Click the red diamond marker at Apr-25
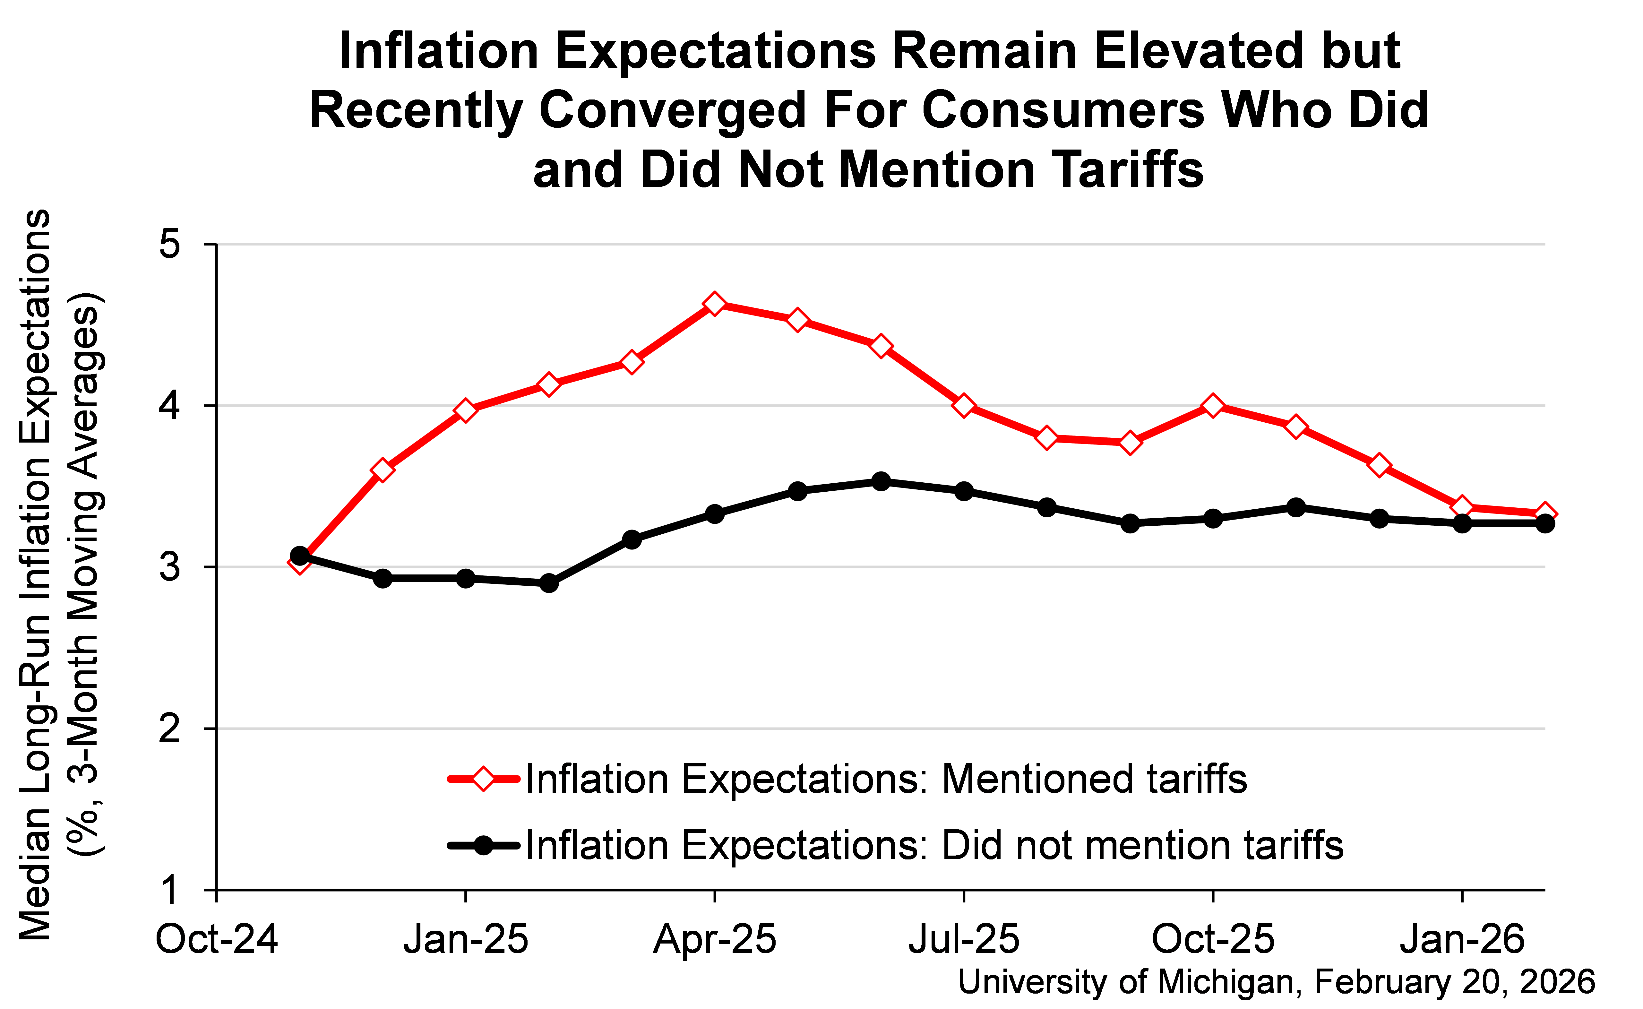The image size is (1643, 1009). (714, 304)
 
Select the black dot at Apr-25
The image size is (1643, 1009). (714, 514)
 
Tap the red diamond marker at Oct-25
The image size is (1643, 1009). (1213, 406)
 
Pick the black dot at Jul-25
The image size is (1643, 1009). (963, 491)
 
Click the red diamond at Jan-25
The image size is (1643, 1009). (466, 410)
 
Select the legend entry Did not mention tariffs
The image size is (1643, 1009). (934, 846)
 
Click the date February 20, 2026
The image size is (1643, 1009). (1454, 982)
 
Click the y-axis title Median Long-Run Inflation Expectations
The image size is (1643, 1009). (35, 574)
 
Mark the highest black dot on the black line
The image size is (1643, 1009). (881, 481)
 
